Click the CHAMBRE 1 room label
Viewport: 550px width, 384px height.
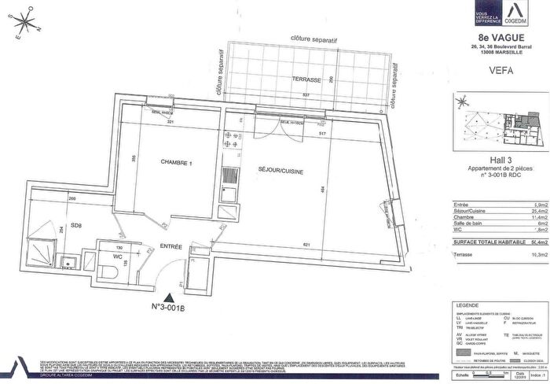(176, 163)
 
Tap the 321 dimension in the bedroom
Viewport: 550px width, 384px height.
(167, 124)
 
